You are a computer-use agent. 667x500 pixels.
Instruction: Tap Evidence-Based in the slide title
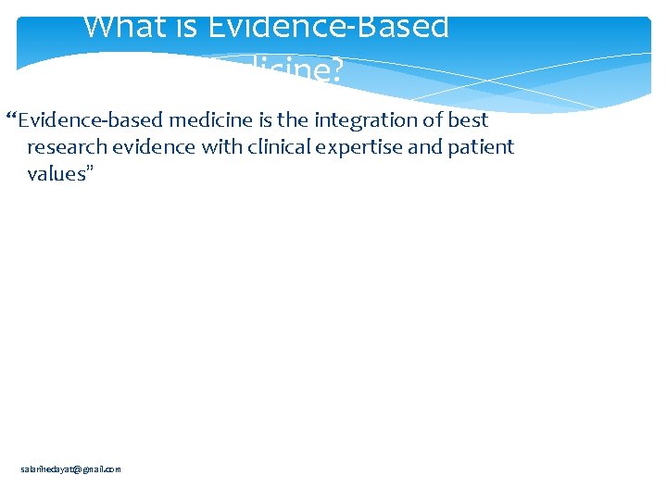[x=329, y=26]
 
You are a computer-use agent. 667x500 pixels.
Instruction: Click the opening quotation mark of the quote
[x=11, y=119]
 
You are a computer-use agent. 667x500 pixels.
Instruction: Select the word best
[x=469, y=120]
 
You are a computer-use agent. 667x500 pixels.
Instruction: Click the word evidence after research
[x=151, y=147]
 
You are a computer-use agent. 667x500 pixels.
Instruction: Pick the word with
[x=221, y=147]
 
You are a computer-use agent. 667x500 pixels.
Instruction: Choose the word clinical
[x=277, y=147]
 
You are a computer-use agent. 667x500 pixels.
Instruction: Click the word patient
[x=480, y=147]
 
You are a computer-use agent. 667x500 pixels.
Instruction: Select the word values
[x=52, y=174]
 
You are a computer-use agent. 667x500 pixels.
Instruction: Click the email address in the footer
[x=70, y=469]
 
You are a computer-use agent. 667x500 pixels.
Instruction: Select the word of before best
[x=433, y=120]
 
